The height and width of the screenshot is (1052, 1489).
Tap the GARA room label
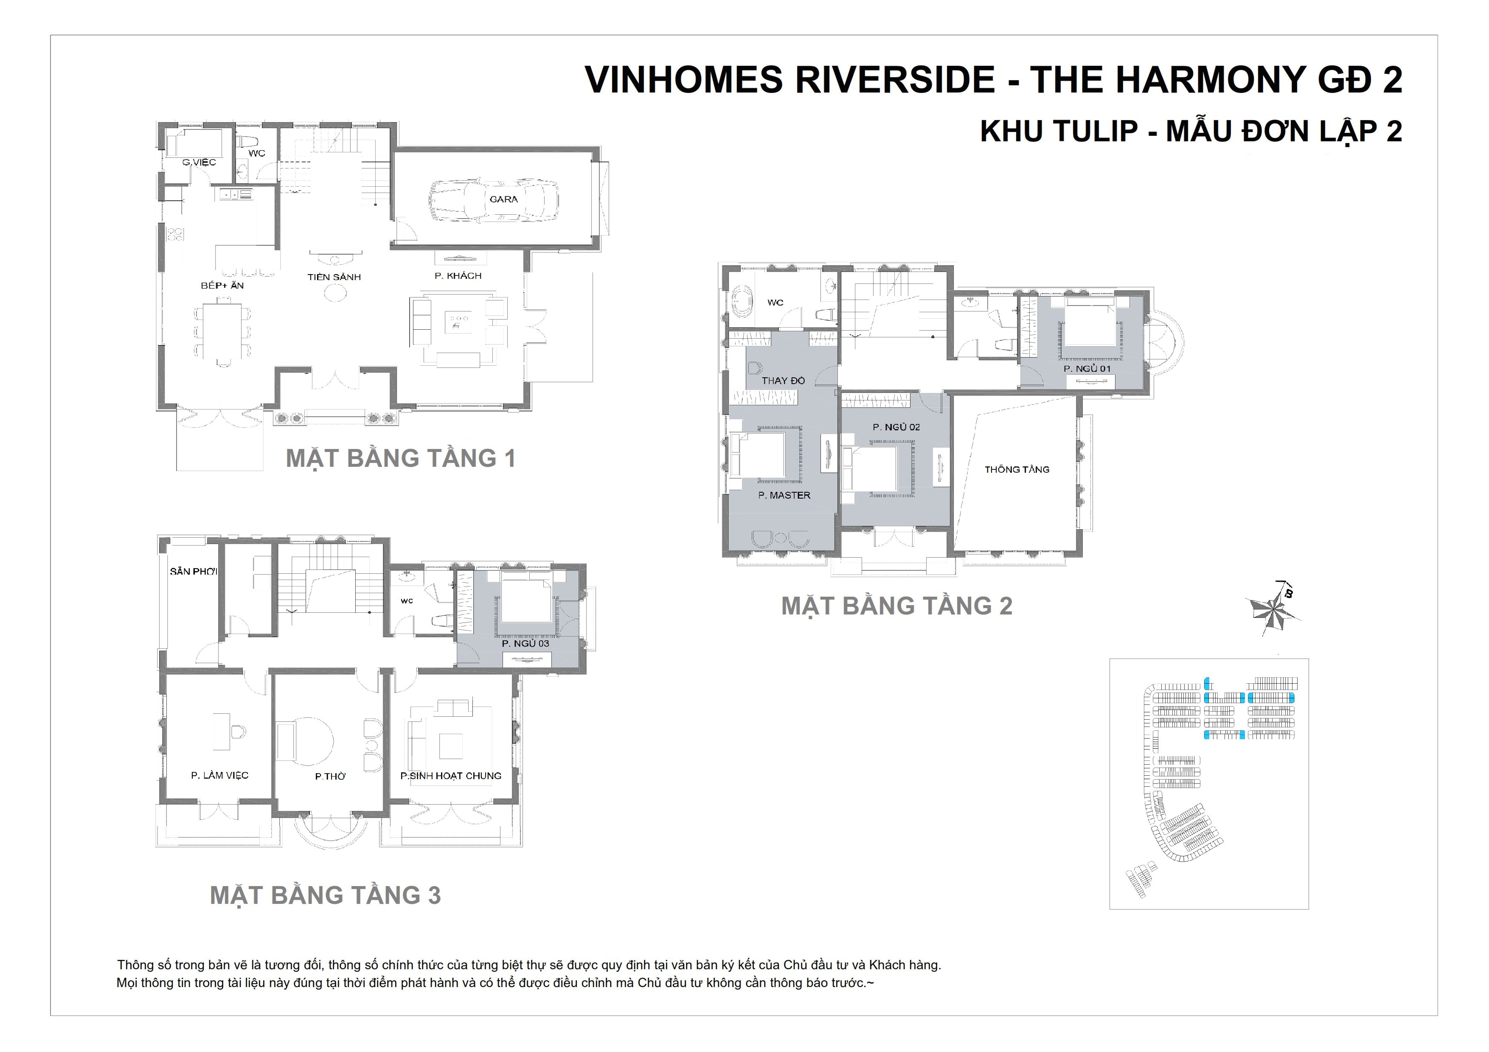(x=504, y=199)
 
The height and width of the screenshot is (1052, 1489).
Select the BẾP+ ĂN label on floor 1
(x=222, y=285)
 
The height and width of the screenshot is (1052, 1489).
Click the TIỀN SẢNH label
(x=334, y=277)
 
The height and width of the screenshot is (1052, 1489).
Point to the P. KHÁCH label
(x=458, y=275)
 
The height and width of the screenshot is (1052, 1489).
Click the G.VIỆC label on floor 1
(x=199, y=162)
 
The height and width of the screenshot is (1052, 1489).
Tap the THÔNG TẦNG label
(x=1017, y=469)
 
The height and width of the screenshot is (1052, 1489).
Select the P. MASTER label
(x=784, y=495)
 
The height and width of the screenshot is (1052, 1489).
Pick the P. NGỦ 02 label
(x=896, y=427)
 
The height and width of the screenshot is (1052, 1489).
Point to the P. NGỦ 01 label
(x=1087, y=369)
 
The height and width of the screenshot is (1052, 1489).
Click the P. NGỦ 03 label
(x=525, y=644)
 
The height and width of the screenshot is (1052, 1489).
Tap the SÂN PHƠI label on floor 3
(x=193, y=571)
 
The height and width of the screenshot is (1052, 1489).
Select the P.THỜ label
(x=330, y=777)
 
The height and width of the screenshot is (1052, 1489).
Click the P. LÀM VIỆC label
(x=220, y=775)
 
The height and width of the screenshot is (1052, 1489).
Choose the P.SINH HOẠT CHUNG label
(x=451, y=776)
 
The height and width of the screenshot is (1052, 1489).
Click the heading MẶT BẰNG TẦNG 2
(x=897, y=606)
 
